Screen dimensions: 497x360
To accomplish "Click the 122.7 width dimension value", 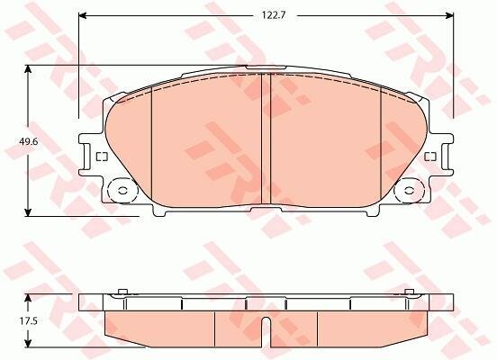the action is pyautogui.click(x=274, y=15).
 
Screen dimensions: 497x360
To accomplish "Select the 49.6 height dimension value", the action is pyautogui.click(x=29, y=141).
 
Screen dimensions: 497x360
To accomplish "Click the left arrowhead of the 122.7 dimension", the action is pyautogui.click(x=83, y=15).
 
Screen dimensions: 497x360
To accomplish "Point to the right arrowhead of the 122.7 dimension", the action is pyautogui.click(x=449, y=15).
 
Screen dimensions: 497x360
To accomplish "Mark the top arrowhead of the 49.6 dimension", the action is pyautogui.click(x=29, y=69).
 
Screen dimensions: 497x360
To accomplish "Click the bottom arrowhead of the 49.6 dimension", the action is pyautogui.click(x=29, y=212).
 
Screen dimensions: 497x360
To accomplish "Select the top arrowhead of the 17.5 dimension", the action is pyautogui.click(x=29, y=298).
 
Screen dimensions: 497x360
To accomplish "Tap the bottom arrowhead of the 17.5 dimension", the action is pyautogui.click(x=29, y=343).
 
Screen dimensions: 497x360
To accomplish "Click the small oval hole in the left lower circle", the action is pyautogui.click(x=122, y=191).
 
